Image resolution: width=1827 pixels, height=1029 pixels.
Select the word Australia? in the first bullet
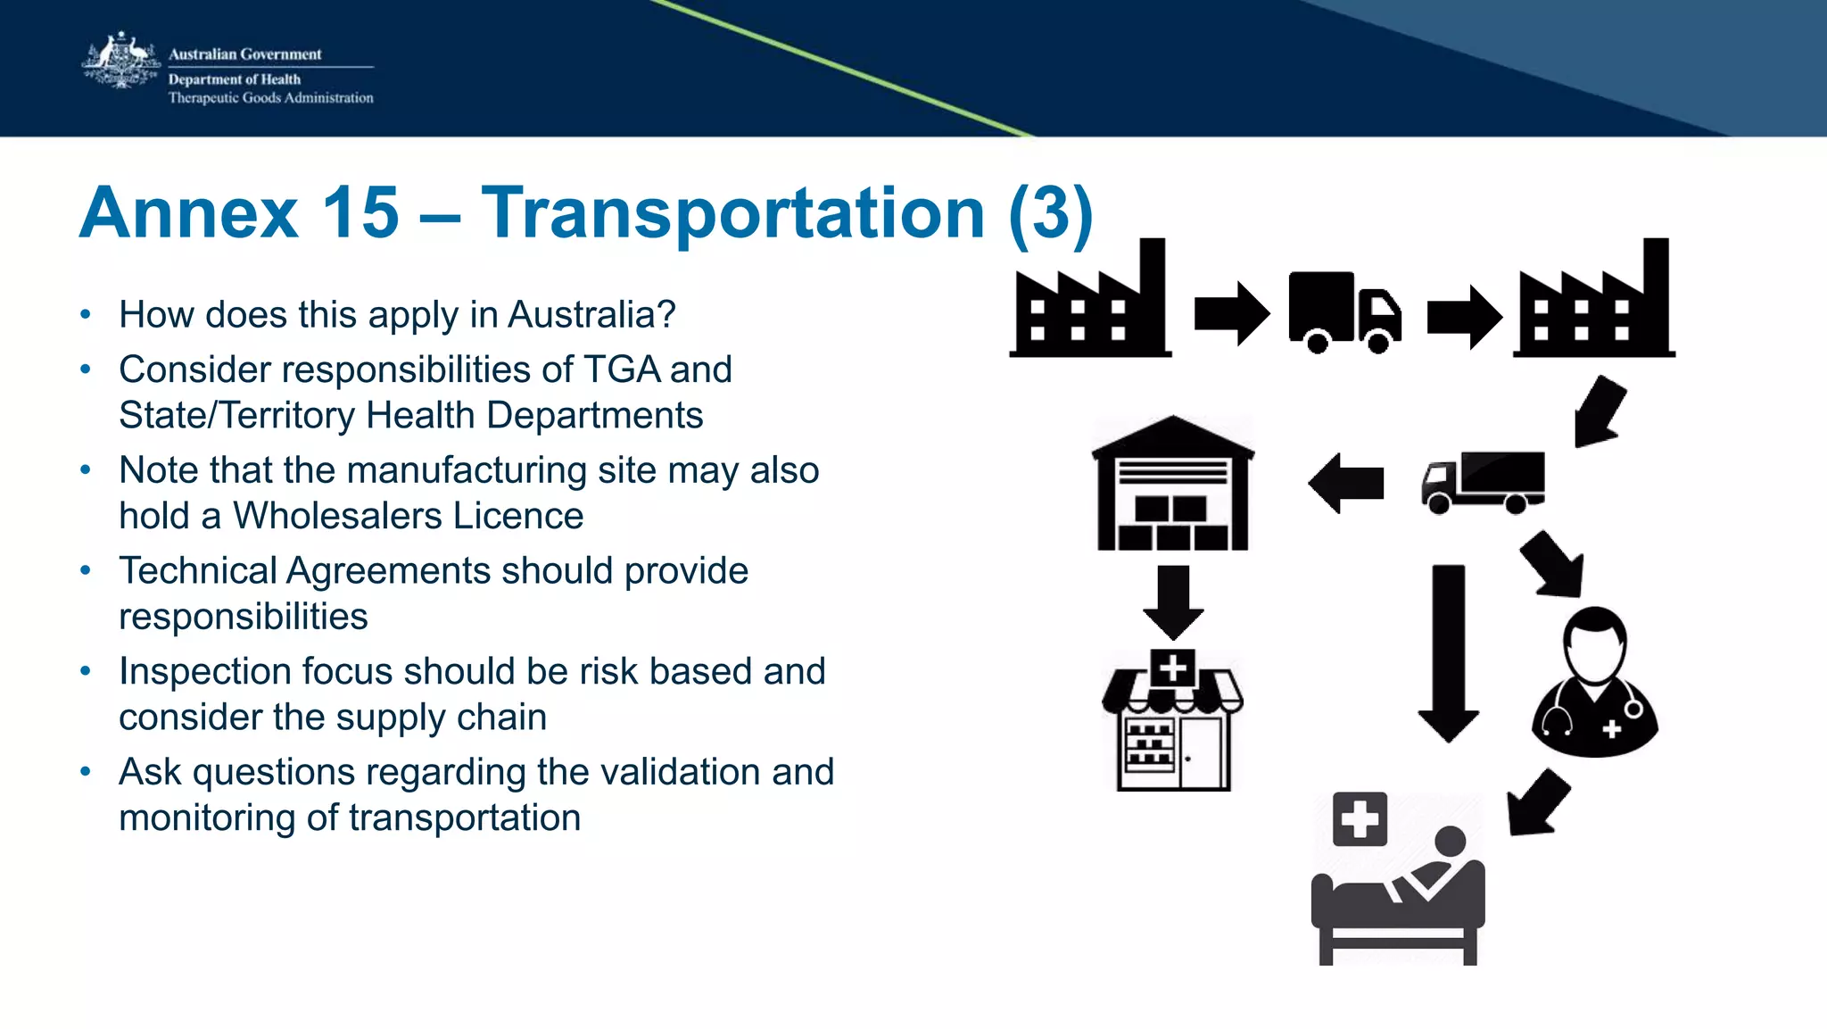pos(591,315)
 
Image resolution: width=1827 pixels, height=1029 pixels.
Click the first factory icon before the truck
pos(1090,303)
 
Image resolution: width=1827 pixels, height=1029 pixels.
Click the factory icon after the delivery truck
pos(1593,303)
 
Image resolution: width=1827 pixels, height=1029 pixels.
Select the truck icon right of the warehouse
pos(1483,482)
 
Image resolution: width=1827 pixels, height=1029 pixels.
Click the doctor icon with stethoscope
pos(1595,683)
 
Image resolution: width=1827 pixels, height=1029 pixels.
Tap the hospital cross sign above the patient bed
pos(1360,818)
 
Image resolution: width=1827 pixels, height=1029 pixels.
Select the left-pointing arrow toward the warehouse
pos(1346,483)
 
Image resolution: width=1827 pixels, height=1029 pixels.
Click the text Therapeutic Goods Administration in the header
pos(270,98)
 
